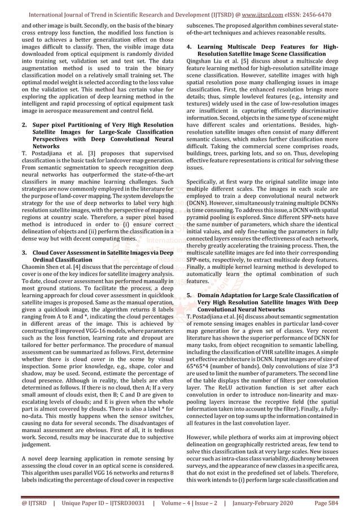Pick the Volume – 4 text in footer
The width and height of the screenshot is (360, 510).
(172, 501)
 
